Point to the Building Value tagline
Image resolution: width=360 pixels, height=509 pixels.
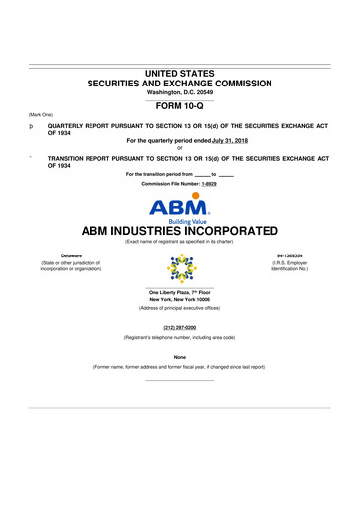(179, 197)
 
